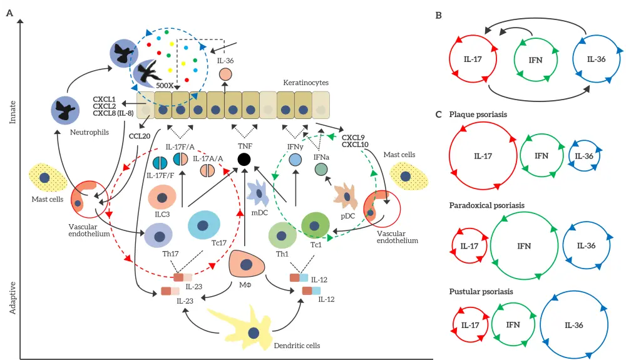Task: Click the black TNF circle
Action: coord(245,160)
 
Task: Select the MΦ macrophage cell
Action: coord(247,265)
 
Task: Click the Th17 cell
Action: coord(158,237)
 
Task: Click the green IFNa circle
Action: coord(321,169)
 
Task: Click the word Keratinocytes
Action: coord(305,83)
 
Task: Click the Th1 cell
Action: coord(282,235)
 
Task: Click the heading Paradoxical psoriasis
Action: coord(487,205)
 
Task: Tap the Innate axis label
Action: coord(13,110)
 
